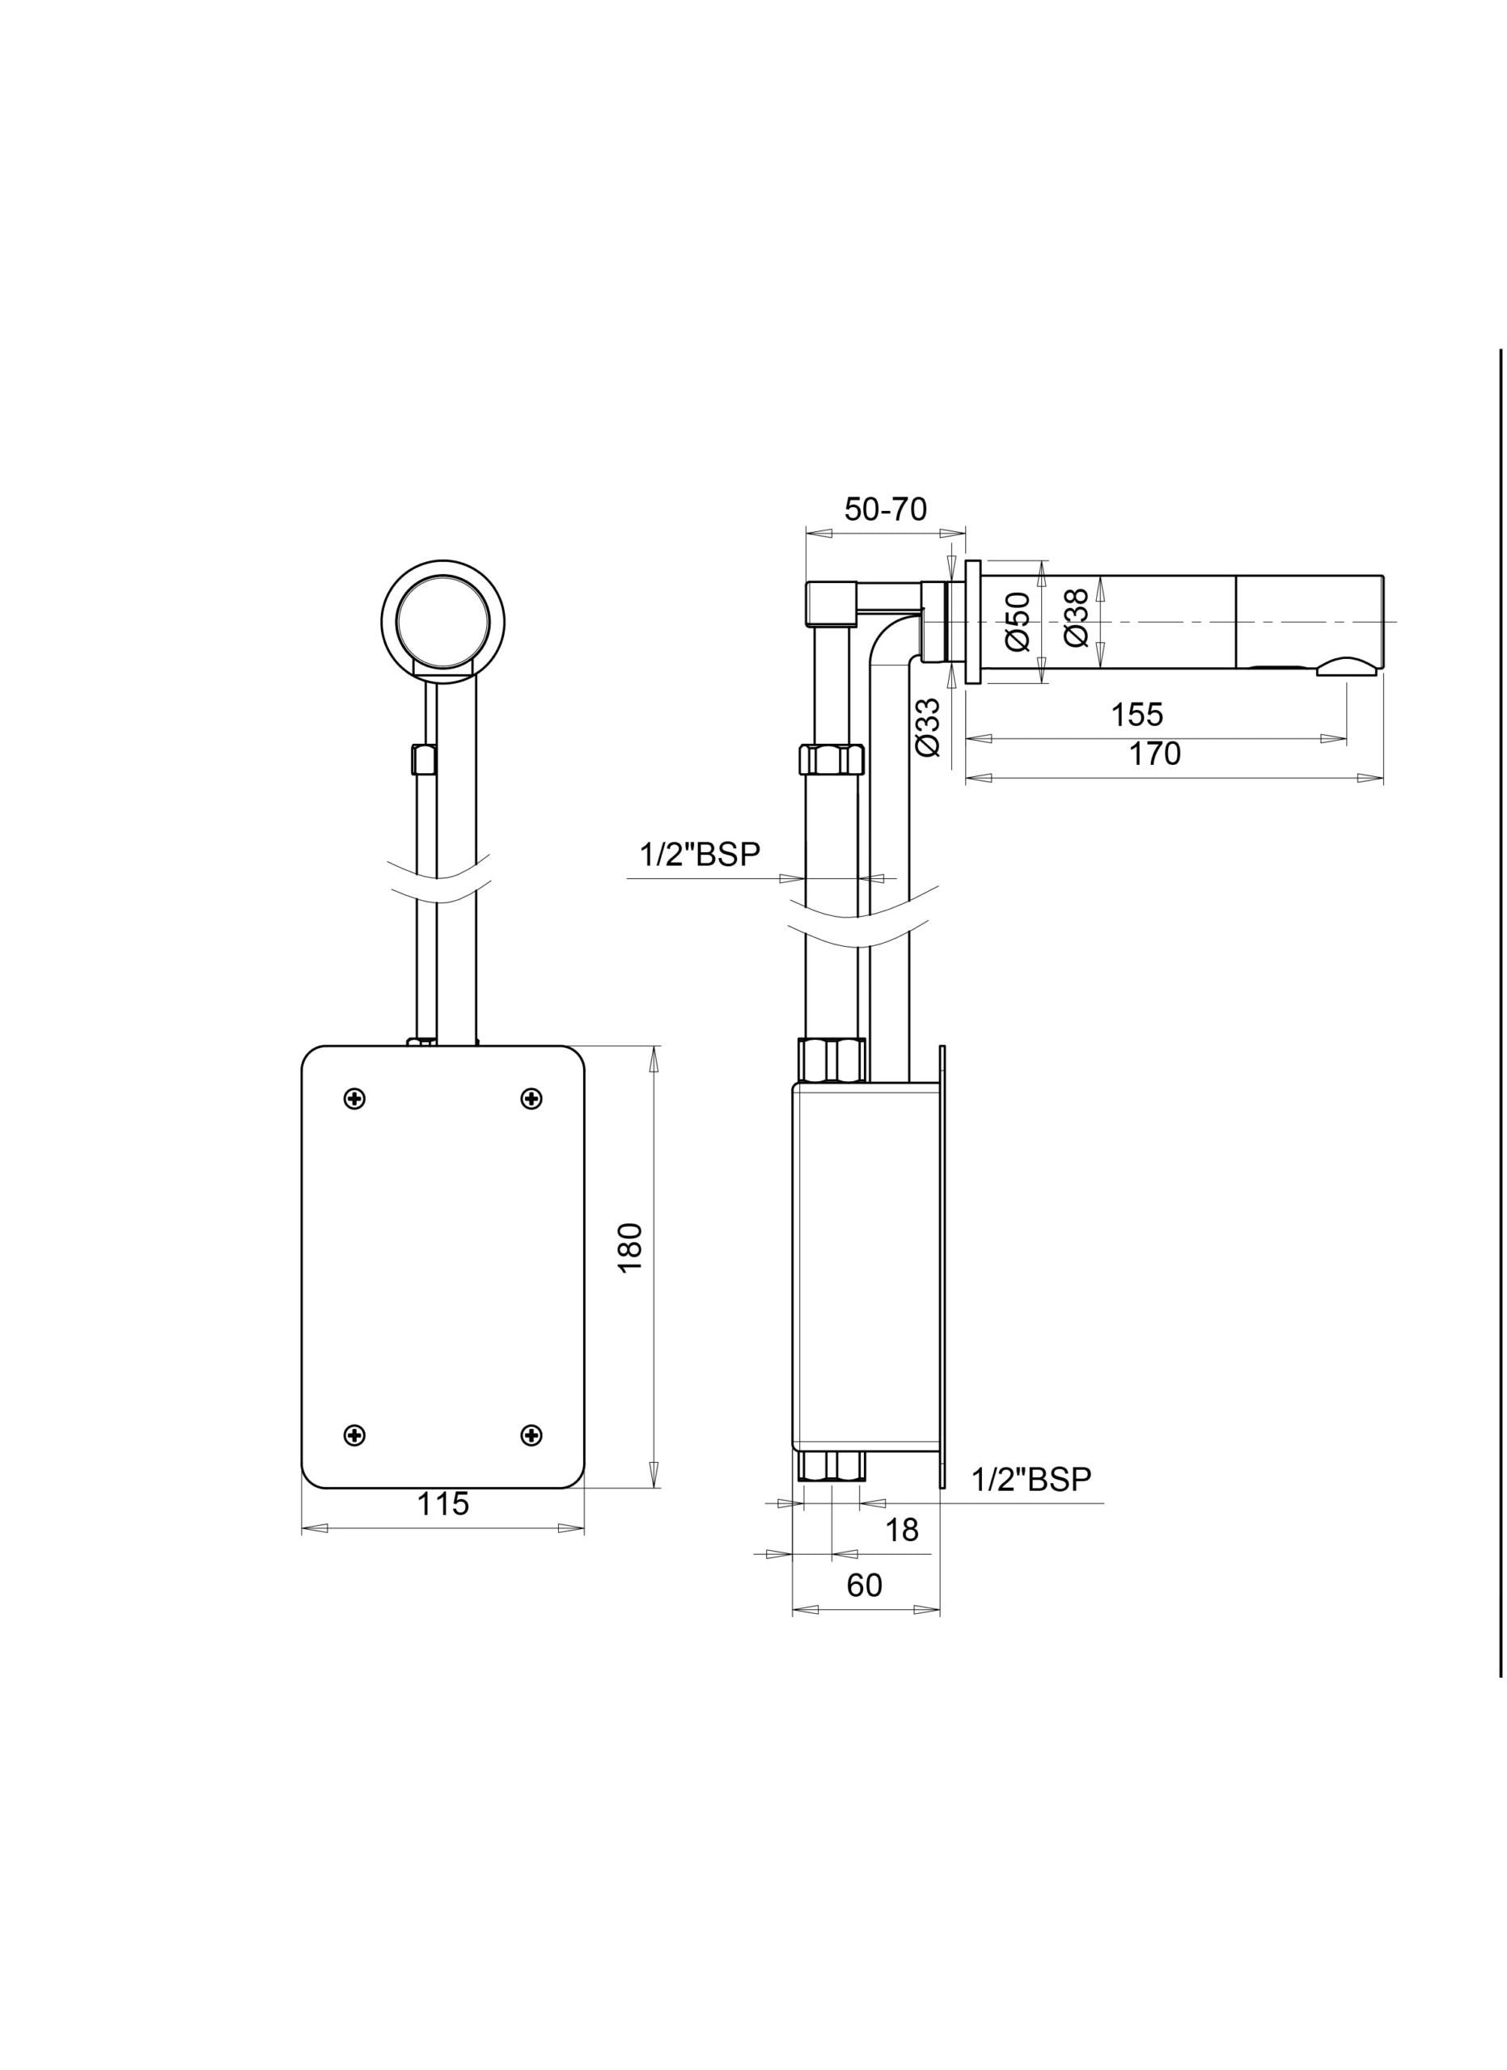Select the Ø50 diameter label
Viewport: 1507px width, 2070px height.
coord(1018,622)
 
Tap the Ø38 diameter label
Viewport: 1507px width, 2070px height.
coord(1076,618)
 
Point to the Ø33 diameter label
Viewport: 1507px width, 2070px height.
coord(926,726)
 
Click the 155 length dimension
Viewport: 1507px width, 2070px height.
coord(1137,714)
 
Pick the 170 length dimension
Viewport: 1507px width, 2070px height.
coord(1154,754)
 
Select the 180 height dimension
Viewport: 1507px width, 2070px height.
coord(630,1248)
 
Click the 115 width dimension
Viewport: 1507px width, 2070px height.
coord(442,1503)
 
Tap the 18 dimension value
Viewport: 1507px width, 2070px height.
coord(902,1531)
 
